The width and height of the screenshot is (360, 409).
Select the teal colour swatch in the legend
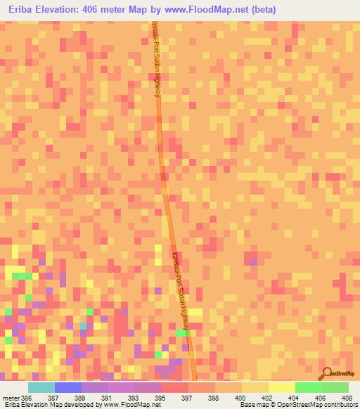pos(41,387)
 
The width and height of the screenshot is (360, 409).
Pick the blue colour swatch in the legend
pos(67,387)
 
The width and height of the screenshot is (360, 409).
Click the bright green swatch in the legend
pos(308,387)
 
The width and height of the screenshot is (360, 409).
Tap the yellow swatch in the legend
pos(281,387)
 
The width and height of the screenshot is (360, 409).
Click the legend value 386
pos(27,397)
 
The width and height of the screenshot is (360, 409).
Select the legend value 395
pos(160,397)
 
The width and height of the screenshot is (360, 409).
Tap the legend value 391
pos(105,397)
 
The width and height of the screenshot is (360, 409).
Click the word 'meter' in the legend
pos(11,397)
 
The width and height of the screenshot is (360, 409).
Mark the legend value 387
pos(53,397)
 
